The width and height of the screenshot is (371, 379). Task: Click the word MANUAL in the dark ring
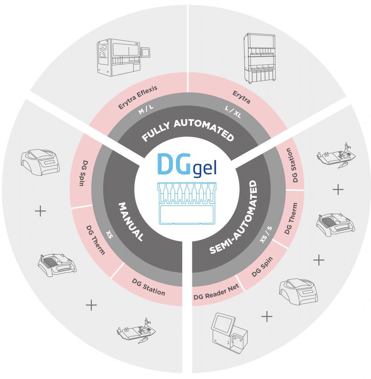(130, 221)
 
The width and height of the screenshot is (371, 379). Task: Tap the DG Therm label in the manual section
(95, 240)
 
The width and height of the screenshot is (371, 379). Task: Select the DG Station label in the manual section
(148, 287)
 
